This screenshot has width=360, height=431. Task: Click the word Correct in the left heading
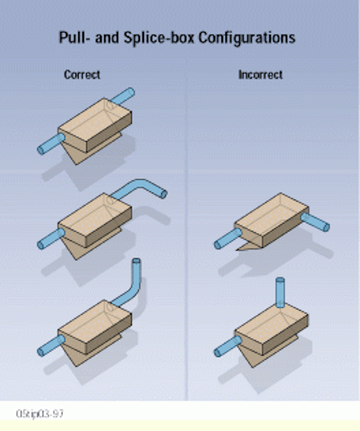pyautogui.click(x=82, y=75)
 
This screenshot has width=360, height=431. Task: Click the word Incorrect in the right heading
pyautogui.click(x=260, y=75)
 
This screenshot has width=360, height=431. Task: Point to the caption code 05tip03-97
pyautogui.click(x=39, y=414)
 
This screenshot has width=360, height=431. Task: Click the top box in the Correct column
pyautogui.click(x=95, y=125)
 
